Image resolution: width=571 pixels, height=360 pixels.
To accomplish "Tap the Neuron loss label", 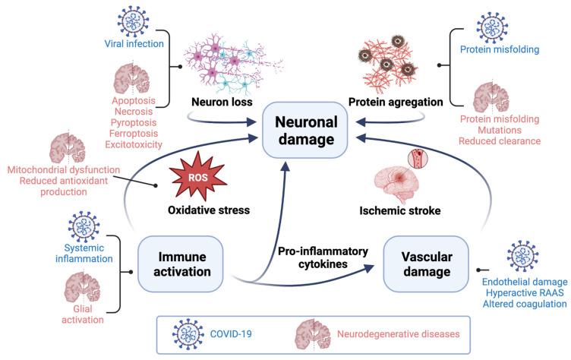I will coord(203,101).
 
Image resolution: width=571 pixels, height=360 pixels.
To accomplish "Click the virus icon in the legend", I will coord(188,333).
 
